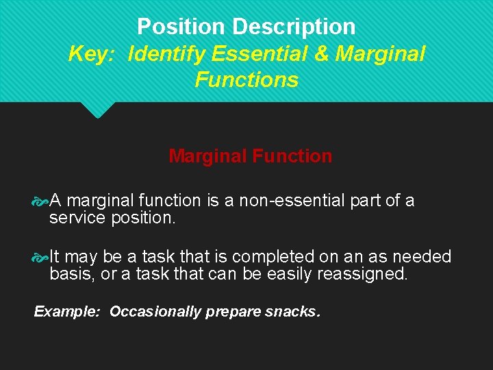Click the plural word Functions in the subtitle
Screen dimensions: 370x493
tap(246, 79)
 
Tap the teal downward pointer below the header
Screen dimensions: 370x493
tap(98, 110)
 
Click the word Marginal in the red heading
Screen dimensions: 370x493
tap(207, 156)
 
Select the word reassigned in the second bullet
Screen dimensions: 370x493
tap(369, 275)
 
